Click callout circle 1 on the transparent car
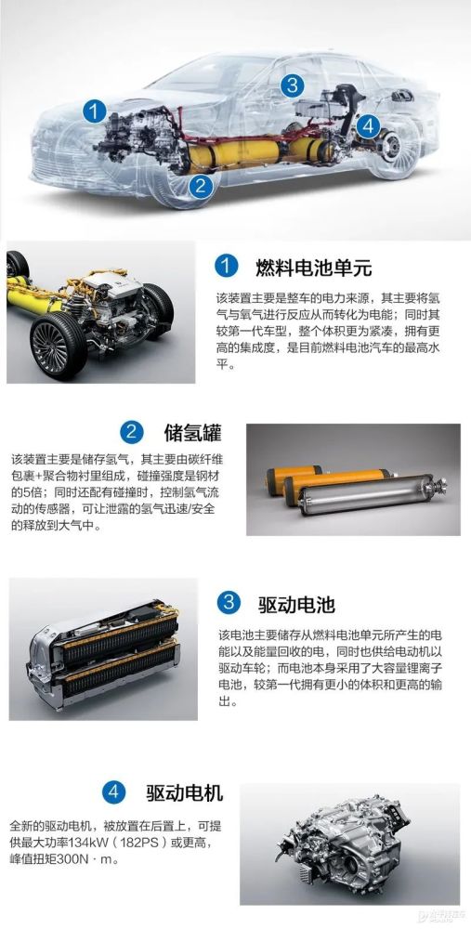click(x=94, y=111)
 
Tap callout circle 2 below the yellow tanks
click(x=201, y=186)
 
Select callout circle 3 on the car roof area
click(x=292, y=85)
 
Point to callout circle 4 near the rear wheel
click(x=369, y=125)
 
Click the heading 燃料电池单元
click(x=314, y=268)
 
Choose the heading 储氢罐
click(x=192, y=433)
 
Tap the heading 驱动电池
click(x=296, y=605)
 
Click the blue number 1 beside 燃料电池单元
click(x=226, y=267)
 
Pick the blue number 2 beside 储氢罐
click(x=131, y=433)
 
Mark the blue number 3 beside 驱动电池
click(x=229, y=604)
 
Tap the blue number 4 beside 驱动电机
click(x=113, y=792)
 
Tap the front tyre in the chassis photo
click(x=58, y=346)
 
